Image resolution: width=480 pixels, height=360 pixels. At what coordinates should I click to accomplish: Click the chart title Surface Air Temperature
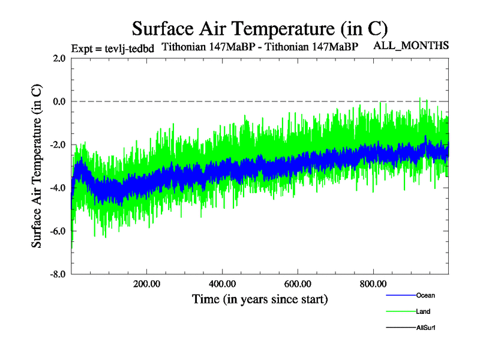click(x=260, y=28)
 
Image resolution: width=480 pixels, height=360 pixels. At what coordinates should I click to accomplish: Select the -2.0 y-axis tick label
click(x=58, y=145)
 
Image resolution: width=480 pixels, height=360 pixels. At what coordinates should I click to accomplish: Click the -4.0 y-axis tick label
click(x=58, y=188)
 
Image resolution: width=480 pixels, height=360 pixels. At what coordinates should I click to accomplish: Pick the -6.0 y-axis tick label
click(x=58, y=231)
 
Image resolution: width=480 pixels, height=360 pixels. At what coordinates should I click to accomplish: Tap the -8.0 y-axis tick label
click(x=58, y=274)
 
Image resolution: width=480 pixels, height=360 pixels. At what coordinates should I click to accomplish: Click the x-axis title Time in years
click(x=260, y=298)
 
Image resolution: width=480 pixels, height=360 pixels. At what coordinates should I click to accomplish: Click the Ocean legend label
click(x=425, y=295)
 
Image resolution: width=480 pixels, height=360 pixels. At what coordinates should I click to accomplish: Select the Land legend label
click(x=423, y=311)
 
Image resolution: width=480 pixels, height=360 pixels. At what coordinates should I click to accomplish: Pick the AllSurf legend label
click(x=425, y=328)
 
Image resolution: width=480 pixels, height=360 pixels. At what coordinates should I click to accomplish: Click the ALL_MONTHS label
click(x=411, y=46)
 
